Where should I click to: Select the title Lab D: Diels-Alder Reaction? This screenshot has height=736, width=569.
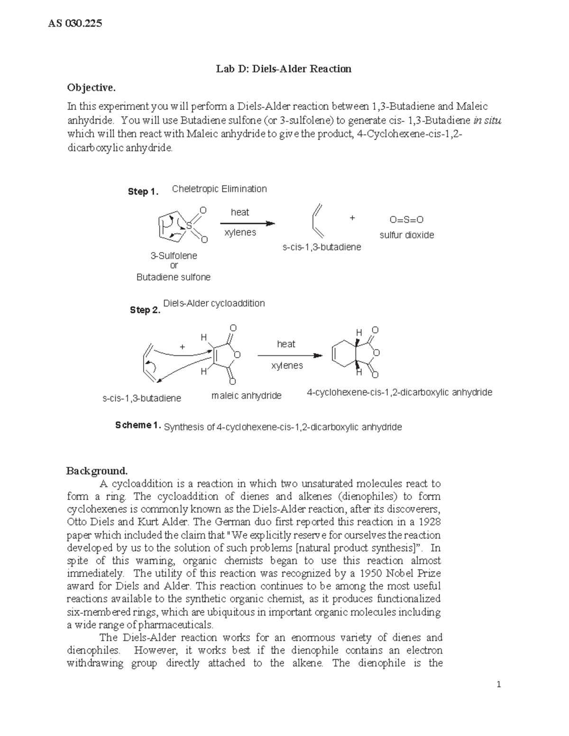click(x=284, y=69)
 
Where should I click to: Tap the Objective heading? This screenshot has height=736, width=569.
click(x=91, y=88)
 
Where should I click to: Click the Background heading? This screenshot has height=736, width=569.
click(x=97, y=471)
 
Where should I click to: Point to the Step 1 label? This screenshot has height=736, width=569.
click(x=143, y=191)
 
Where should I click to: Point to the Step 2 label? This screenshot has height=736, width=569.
click(x=145, y=310)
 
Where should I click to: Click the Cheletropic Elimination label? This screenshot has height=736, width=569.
click(x=219, y=189)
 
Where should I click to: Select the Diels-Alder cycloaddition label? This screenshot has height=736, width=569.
click(x=214, y=303)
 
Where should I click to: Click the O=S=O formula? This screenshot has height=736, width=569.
click(x=406, y=220)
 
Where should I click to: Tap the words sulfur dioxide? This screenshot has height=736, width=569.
click(x=406, y=235)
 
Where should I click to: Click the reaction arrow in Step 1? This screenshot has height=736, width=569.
click(x=248, y=223)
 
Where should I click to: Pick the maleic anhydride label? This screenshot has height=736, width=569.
click(x=246, y=396)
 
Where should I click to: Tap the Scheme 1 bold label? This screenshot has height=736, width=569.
click(x=138, y=425)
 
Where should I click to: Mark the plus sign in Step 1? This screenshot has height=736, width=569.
click(x=352, y=218)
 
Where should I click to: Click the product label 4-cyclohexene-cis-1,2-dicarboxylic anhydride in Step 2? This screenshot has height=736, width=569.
click(x=399, y=392)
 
